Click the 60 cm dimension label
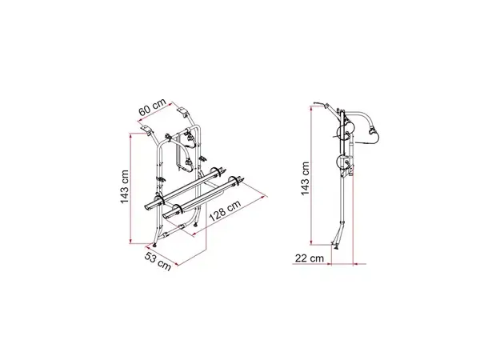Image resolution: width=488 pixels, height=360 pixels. (153, 107)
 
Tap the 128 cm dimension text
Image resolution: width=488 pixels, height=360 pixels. (225, 210)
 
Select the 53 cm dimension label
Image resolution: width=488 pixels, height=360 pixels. (158, 262)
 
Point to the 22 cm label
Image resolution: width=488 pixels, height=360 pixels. (309, 258)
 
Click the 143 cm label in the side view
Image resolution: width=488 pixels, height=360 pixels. (305, 178)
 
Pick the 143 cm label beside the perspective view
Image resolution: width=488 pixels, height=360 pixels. (125, 186)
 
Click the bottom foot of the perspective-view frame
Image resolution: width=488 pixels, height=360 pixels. (154, 245)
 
